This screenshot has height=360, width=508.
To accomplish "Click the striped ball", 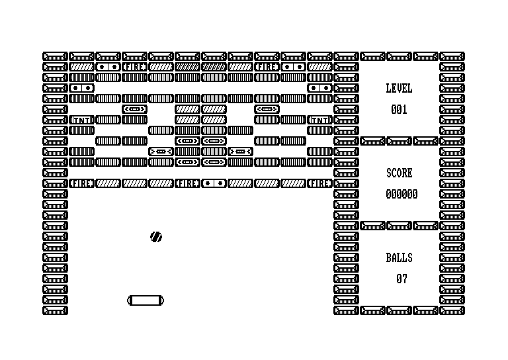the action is (x=156, y=237).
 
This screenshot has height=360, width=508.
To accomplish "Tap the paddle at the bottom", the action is (x=146, y=300).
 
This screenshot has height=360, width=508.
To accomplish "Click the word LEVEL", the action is (x=399, y=88).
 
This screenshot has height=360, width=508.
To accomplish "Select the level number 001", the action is (x=399, y=110).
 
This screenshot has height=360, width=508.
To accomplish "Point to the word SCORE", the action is (x=399, y=173).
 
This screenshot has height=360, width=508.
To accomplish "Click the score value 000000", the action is (x=402, y=194).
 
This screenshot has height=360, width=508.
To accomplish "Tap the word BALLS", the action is (x=399, y=257).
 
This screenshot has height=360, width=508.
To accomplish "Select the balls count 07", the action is (x=402, y=279).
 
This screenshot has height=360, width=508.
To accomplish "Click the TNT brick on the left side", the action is (x=81, y=120).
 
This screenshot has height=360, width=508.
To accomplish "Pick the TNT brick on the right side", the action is (x=319, y=120).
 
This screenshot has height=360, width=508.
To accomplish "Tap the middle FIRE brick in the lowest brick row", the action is (x=188, y=183).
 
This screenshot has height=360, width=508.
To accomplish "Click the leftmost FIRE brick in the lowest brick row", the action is (x=81, y=183).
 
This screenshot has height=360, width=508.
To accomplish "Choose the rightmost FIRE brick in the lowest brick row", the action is (x=319, y=183).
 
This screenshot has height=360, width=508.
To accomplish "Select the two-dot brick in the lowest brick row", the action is (x=214, y=183).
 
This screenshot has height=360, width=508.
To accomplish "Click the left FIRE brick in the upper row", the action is (x=134, y=67).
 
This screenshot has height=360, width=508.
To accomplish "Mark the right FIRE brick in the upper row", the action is (x=267, y=67).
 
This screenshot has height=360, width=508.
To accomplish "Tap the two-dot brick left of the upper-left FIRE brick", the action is (x=108, y=67).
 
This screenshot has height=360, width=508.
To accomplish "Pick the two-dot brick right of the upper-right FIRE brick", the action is (x=293, y=67).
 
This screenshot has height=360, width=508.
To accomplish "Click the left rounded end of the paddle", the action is (x=129, y=300).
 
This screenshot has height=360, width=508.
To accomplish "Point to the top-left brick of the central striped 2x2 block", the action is (x=188, y=109).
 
